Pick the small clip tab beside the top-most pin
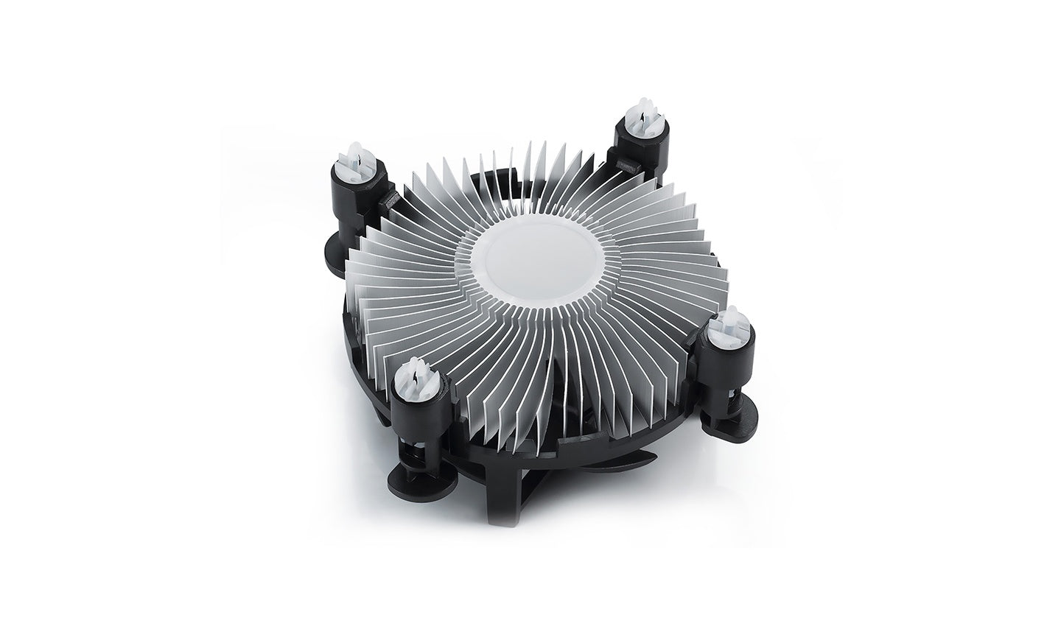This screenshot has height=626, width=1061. (623, 163)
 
